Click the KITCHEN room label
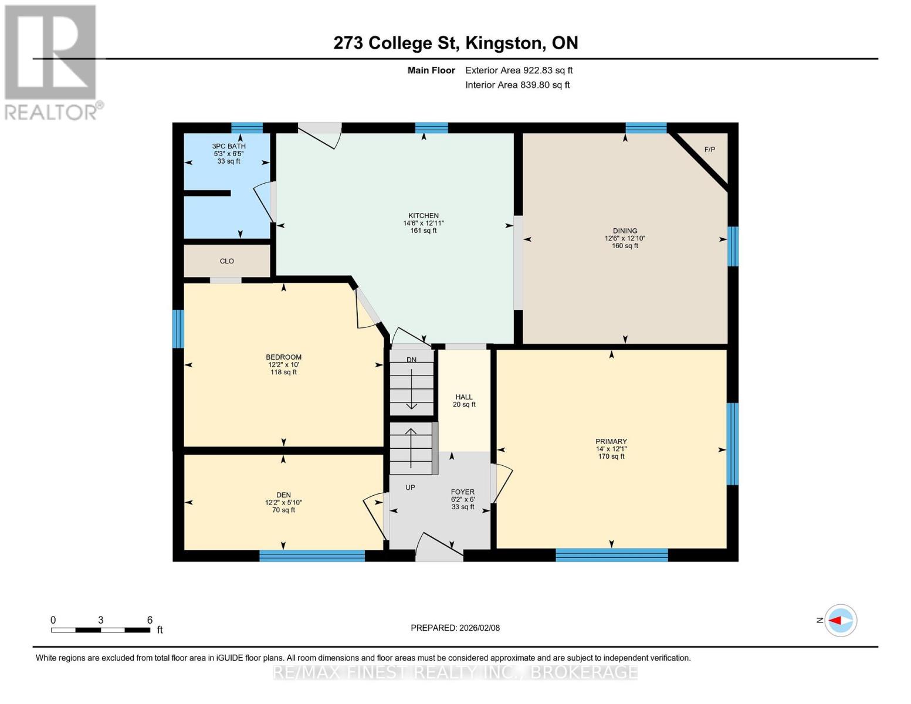click(x=424, y=216)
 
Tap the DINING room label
click(x=625, y=231)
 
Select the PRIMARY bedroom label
click(x=611, y=442)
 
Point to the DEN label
click(x=283, y=495)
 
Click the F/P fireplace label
click(x=709, y=150)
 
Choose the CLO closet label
click(x=227, y=261)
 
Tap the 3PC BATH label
click(x=229, y=146)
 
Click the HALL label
click(x=464, y=397)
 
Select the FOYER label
click(x=462, y=492)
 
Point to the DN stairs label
click(x=411, y=360)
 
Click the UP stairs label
click(x=410, y=488)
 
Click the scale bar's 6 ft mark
click(x=150, y=621)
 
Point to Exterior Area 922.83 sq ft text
click(x=519, y=70)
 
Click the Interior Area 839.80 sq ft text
click(x=517, y=85)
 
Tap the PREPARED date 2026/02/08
click(x=455, y=628)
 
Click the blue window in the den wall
click(x=312, y=556)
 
